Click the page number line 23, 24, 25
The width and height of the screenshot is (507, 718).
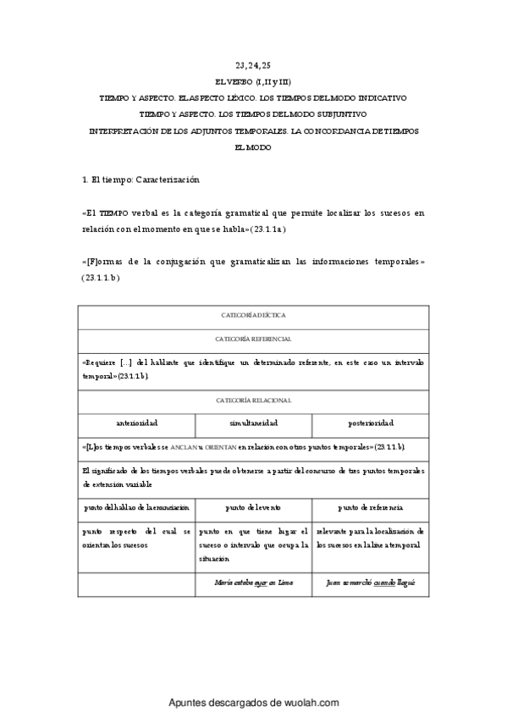(253, 65)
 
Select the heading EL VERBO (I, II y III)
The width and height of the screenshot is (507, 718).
(253, 82)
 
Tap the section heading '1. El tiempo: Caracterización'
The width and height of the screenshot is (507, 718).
(140, 180)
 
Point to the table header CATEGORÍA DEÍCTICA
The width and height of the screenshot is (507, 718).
(253, 315)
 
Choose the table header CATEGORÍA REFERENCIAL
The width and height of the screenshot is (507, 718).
(253, 339)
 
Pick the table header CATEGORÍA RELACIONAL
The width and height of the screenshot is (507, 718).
(253, 400)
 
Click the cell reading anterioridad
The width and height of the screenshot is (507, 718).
(136, 423)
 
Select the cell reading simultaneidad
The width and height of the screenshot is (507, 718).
(253, 423)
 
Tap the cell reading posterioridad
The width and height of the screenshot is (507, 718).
(370, 423)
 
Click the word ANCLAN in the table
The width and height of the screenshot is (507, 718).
(183, 445)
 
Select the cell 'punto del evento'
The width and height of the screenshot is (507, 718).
(253, 507)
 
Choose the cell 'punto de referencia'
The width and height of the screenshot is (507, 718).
(370, 507)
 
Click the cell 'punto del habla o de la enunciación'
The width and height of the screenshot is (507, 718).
(136, 507)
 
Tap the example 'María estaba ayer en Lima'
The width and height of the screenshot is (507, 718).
(253, 583)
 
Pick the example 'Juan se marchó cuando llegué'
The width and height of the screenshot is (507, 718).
(370, 583)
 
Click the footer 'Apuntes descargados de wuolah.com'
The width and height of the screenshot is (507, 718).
(253, 703)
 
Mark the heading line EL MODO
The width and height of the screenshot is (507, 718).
(253, 147)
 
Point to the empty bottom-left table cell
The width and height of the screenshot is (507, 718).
(136, 583)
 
